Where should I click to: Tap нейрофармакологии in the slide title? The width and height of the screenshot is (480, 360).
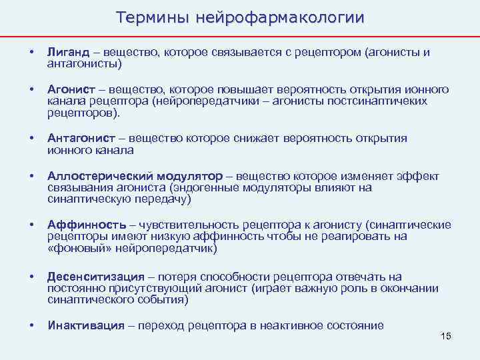[x=280, y=18]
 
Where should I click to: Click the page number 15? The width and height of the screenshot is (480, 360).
[x=446, y=335]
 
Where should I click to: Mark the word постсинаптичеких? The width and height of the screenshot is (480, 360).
[x=378, y=101]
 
